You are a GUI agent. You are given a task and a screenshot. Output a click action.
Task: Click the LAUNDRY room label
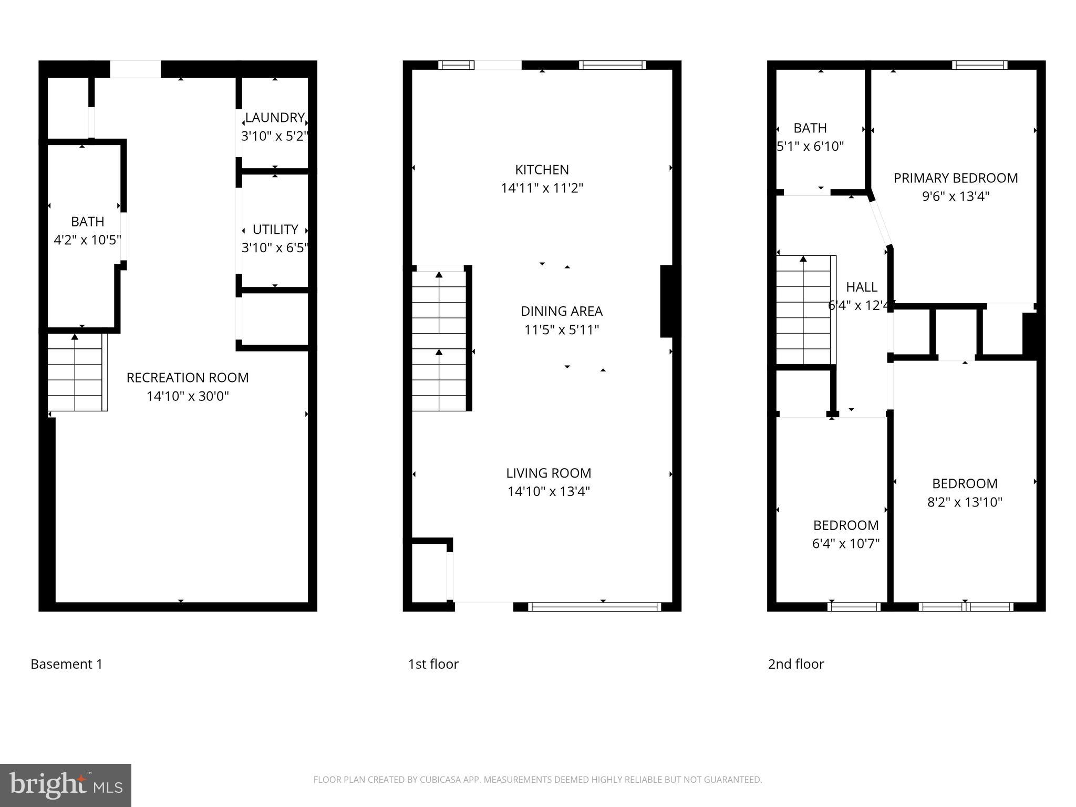(275, 118)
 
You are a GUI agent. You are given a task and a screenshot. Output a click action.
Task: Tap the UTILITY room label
(275, 230)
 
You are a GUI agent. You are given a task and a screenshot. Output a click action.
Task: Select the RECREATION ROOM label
(188, 378)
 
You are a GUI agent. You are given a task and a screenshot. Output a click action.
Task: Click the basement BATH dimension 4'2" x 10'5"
(88, 240)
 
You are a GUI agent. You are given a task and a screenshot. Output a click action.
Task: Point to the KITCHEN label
(542, 170)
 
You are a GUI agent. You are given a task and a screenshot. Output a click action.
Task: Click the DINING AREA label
(562, 312)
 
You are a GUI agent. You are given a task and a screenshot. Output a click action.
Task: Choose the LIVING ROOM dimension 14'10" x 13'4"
(549, 492)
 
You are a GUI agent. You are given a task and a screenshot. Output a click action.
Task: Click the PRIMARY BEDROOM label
(956, 178)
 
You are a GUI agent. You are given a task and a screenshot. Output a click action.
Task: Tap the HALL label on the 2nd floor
(861, 287)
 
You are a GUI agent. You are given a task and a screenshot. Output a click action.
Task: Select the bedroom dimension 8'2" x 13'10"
(965, 502)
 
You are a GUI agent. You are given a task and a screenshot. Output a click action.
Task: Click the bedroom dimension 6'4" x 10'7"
(846, 544)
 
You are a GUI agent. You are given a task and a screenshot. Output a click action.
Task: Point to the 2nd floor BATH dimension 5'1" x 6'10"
(811, 147)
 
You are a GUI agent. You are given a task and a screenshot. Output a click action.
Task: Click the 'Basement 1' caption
(67, 664)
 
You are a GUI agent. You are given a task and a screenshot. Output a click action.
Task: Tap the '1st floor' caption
(433, 664)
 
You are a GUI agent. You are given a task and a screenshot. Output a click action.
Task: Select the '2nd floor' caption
(796, 664)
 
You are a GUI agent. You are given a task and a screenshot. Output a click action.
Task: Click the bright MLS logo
(65, 785)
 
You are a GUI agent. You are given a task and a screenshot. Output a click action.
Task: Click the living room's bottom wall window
(594, 607)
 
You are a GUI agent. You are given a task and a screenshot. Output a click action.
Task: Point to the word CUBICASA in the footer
(440, 780)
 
